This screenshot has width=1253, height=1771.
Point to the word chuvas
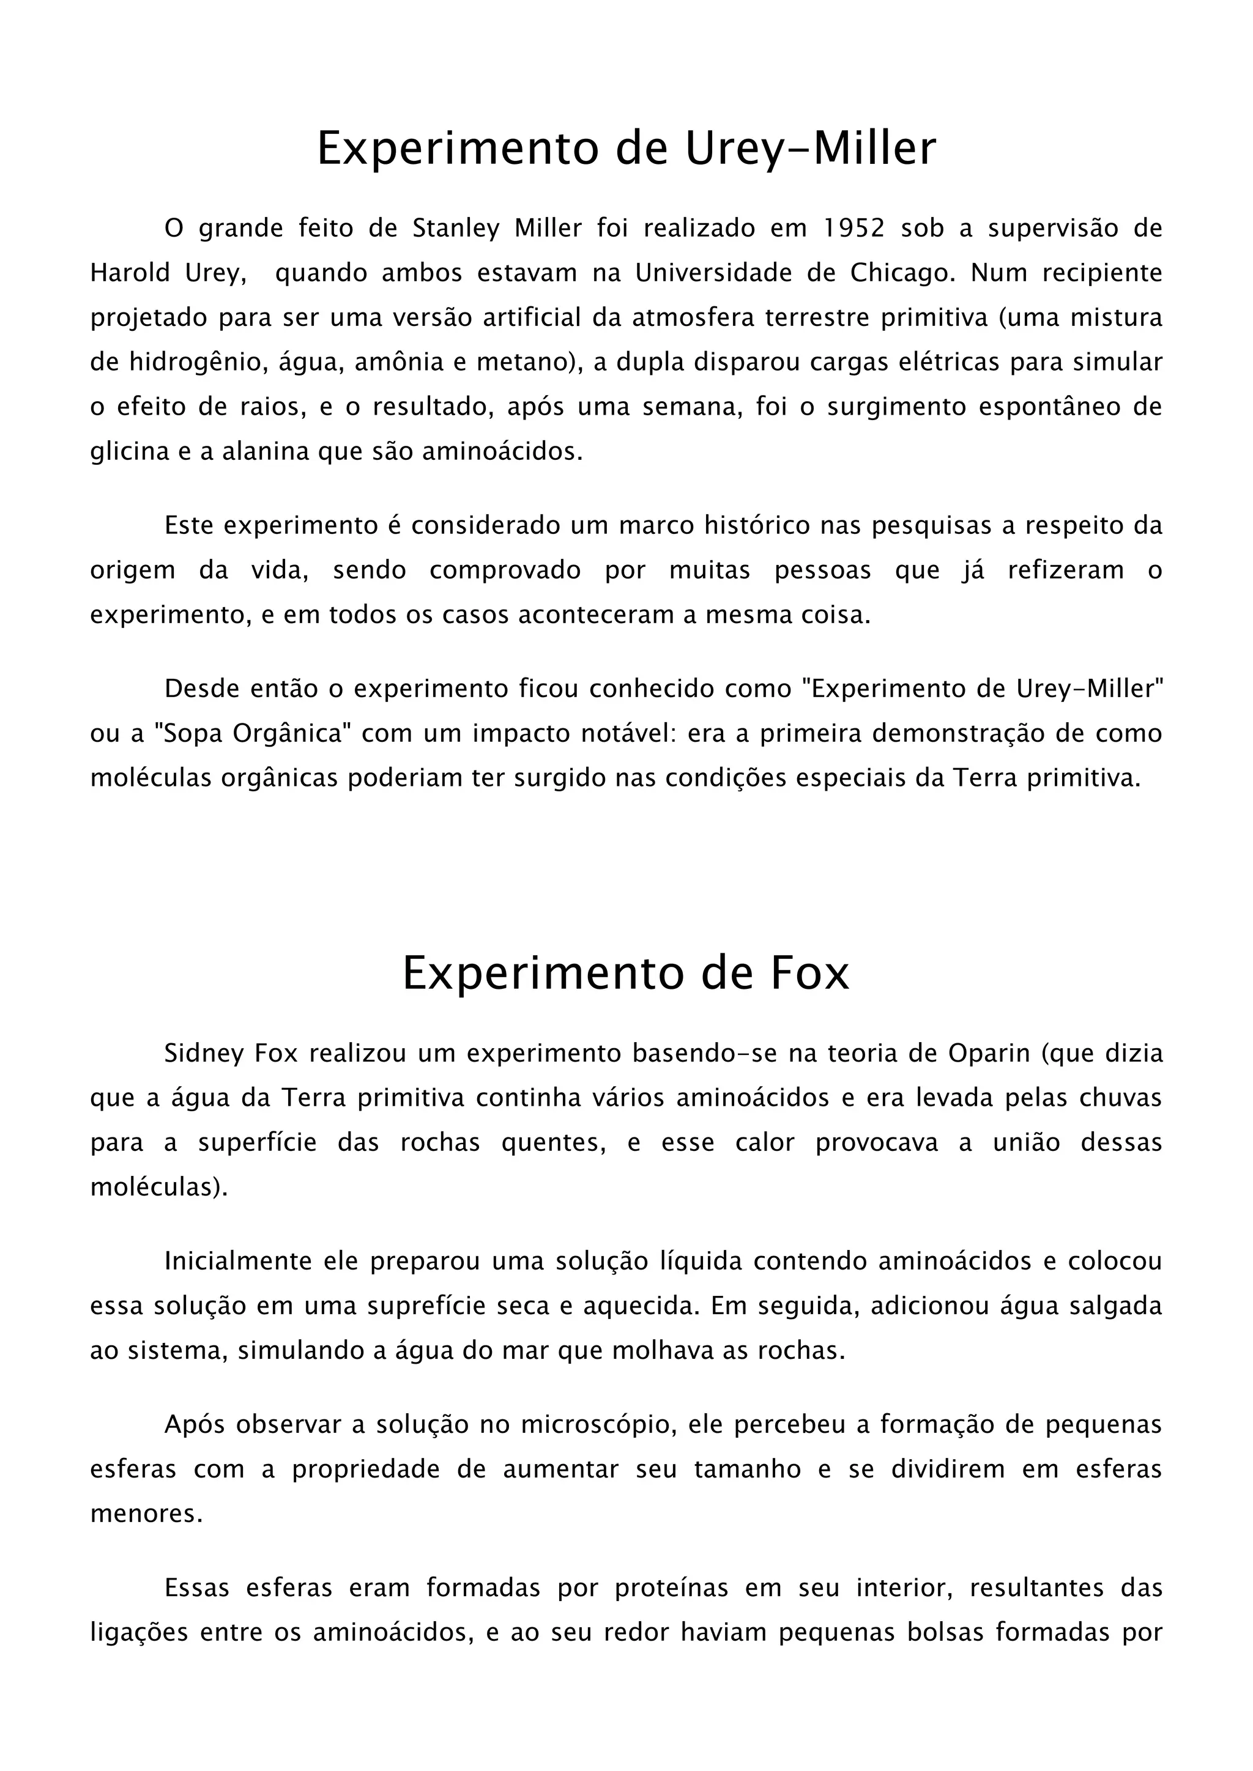[x=1122, y=1098]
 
